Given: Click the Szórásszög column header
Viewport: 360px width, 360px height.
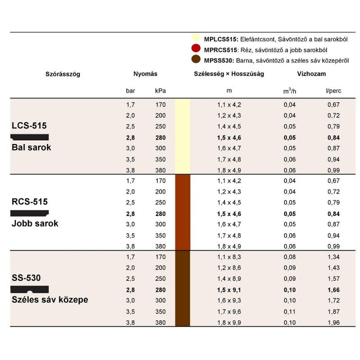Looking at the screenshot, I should tap(63, 74).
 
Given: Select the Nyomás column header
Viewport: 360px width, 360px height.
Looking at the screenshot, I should tap(145, 74).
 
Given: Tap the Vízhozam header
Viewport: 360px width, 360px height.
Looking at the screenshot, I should tap(311, 74).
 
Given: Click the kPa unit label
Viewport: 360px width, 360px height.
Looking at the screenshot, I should tap(160, 91).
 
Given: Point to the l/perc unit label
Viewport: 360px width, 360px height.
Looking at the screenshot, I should tap(333, 91).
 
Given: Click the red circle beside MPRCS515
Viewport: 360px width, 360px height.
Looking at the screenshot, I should tap(196, 49).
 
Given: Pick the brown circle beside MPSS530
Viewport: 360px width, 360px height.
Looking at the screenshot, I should tap(196, 60).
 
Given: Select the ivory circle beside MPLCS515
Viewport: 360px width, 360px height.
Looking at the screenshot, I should tap(196, 39).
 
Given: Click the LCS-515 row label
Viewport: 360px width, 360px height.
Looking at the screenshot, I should tap(29, 126).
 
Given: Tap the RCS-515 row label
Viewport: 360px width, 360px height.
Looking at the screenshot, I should tap(30, 202).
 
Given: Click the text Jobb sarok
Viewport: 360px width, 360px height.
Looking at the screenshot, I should tap(35, 223).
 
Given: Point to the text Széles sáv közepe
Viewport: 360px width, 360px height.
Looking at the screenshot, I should tap(49, 299).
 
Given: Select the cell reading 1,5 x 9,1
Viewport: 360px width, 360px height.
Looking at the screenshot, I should tap(229, 290).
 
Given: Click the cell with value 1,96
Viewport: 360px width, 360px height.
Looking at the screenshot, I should tap(333, 322).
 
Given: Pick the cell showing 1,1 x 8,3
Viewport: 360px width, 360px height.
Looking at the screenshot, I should tap(229, 257).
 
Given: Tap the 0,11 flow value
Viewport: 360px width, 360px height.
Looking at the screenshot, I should tap(290, 311).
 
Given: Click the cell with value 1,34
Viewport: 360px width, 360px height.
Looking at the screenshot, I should tap(333, 257).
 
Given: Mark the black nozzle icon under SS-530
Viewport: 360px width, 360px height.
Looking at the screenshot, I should tap(30, 289).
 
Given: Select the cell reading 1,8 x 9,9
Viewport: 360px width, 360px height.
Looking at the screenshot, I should tap(229, 322).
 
